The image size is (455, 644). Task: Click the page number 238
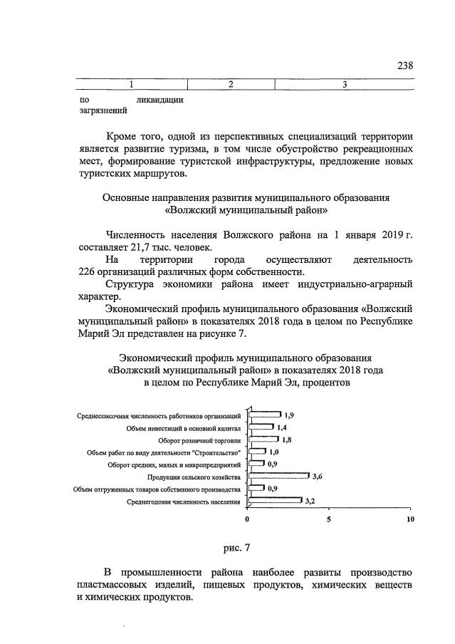pyautogui.click(x=404, y=66)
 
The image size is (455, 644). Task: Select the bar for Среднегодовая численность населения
pyautogui.click(x=275, y=502)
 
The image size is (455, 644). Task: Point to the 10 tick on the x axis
pyautogui.click(x=410, y=519)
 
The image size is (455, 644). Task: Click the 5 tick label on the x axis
pyautogui.click(x=329, y=519)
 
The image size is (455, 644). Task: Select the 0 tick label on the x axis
pyautogui.click(x=247, y=519)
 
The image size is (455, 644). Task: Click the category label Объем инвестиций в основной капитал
pyautogui.click(x=184, y=427)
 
